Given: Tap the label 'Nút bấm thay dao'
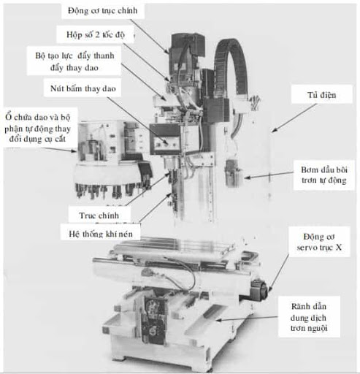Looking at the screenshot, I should [x=82, y=88].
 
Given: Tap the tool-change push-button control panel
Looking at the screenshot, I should [x=166, y=139].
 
